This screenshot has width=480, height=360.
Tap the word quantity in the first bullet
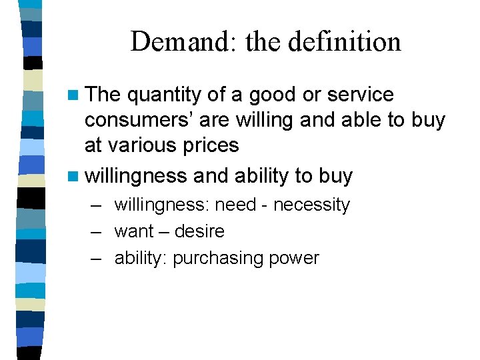tap(164, 95)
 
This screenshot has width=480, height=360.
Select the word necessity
tap(311, 205)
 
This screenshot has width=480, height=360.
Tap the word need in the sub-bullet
tap(235, 205)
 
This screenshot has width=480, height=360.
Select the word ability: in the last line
tap(141, 258)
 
